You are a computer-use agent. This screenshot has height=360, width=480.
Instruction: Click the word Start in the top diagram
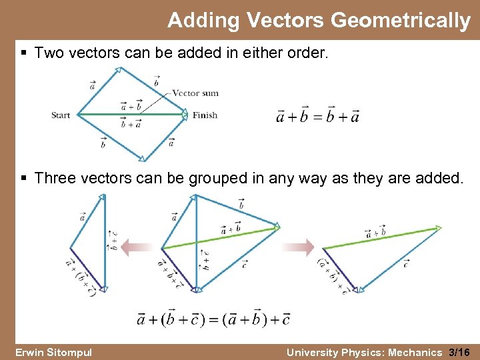(x=61, y=115)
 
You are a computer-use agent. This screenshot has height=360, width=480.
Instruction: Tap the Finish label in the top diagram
(x=205, y=115)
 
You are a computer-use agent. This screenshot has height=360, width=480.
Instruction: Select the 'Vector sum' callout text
(x=195, y=93)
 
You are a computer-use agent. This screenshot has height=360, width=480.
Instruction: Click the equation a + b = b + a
(x=318, y=116)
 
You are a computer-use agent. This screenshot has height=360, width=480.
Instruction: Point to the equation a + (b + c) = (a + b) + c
(x=213, y=319)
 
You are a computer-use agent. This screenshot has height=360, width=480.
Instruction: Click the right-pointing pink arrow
(x=297, y=248)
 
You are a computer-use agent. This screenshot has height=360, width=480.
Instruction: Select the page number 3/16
(x=459, y=352)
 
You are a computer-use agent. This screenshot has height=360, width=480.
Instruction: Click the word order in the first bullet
(x=308, y=52)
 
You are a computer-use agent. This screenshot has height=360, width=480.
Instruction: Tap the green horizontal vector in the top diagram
(x=133, y=115)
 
